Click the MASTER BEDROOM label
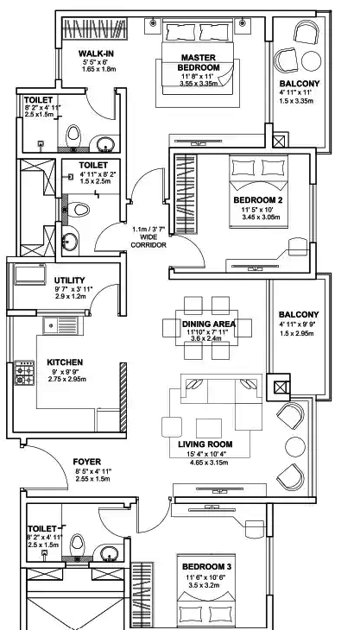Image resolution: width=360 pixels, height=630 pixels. coord(198,62)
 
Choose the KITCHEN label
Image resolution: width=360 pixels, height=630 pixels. coord(64,362)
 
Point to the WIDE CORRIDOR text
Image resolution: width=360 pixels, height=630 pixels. coord(148,238)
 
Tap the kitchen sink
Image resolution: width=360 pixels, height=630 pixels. coord(60,326)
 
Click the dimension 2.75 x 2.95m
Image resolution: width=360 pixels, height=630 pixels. coord(68,379)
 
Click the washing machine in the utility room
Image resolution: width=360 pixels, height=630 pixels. coord(28,275)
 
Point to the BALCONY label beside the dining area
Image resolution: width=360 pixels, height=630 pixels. coord(299,314)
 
